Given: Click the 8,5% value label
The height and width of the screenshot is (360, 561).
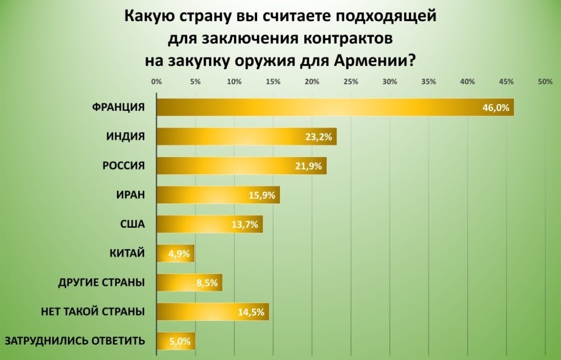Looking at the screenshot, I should pyautogui.click(x=207, y=283).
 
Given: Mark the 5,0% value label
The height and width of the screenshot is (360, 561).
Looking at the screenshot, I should pyautogui.click(x=180, y=341).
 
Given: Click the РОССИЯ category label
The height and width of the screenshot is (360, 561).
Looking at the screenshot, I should pyautogui.click(x=123, y=166).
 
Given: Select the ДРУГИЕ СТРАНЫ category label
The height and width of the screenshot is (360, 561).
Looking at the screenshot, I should pyautogui.click(x=101, y=282).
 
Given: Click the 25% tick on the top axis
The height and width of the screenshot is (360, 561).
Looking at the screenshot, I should pyautogui.click(x=351, y=82).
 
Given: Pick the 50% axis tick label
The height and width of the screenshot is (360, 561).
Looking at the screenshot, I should pyautogui.click(x=545, y=82).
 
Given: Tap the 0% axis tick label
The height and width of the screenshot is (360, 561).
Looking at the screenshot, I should pyautogui.click(x=156, y=82).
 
